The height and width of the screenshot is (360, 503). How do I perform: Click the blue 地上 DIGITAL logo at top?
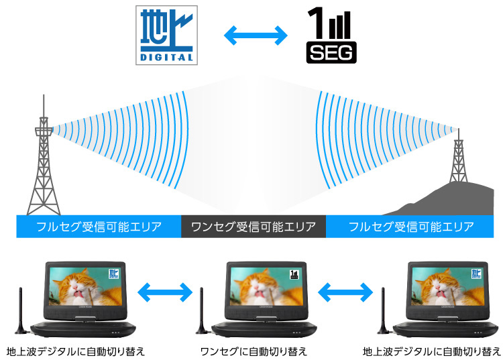[167, 35]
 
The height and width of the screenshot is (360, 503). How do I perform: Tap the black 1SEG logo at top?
[331, 35]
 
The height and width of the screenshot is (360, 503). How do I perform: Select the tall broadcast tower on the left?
[44, 168]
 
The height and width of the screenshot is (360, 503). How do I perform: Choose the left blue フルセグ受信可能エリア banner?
[99, 227]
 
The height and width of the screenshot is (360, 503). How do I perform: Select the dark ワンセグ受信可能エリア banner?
[253, 227]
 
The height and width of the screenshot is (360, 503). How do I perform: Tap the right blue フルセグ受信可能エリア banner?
[411, 227]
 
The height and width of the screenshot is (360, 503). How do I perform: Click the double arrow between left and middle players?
[164, 292]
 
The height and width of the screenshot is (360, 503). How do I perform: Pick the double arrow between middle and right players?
[345, 292]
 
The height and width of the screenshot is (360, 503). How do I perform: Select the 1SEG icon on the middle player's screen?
[294, 274]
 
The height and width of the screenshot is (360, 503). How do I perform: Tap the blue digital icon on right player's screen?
[476, 274]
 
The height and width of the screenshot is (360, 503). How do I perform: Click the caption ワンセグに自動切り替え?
[254, 351]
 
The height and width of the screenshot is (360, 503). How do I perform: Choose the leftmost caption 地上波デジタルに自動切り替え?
[75, 351]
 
